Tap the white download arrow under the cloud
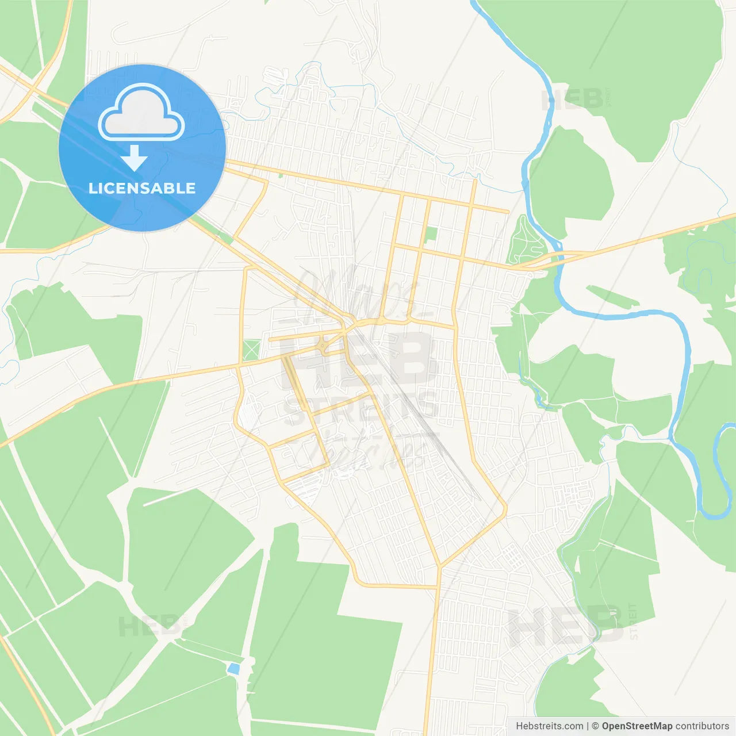point(134,158)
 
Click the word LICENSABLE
point(142,188)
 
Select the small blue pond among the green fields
point(233,668)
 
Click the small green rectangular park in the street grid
point(431,235)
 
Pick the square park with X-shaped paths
point(251,350)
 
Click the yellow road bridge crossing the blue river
point(555,257)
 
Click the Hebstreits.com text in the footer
point(549,726)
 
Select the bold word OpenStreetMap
point(637,726)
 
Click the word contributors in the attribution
point(702,726)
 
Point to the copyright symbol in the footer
point(595,726)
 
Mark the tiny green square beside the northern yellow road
point(281,175)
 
